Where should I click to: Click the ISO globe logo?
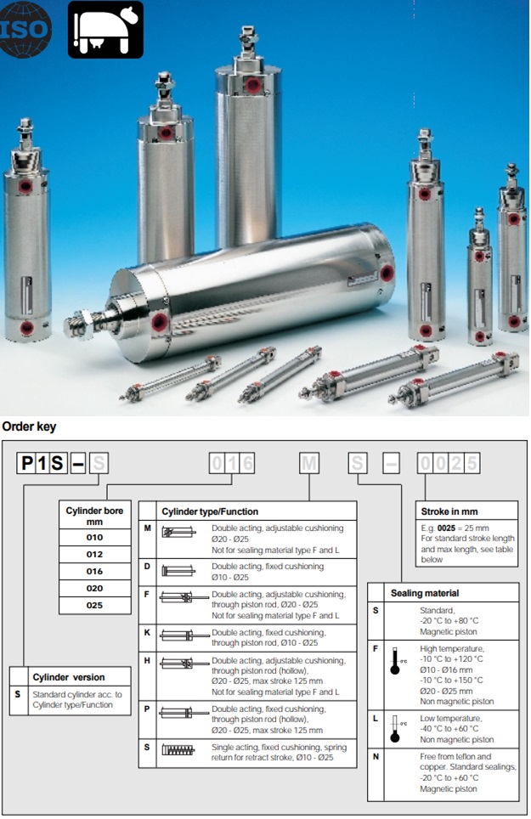pos(24,29)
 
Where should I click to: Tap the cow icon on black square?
pos(105,29)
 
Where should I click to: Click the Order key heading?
pos(29,426)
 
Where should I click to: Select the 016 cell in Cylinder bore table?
pos(94,572)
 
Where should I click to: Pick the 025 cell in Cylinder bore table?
pos(94,606)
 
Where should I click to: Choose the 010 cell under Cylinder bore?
pos(94,538)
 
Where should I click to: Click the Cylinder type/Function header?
pos(210,511)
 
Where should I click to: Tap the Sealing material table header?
pos(425,593)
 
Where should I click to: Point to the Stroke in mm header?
pos(449,511)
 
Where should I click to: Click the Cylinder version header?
pos(69,677)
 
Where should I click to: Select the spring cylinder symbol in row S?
pos(178,750)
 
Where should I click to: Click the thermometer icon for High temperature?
pos(395,661)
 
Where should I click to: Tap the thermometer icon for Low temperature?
pos(395,729)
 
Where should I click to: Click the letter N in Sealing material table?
pos(376,756)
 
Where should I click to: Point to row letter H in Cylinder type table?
pos(147,661)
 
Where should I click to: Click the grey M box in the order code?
pos(309,463)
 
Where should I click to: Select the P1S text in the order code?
pos(42,463)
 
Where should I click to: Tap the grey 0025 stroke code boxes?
pos(449,463)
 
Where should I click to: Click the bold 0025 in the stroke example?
pos(446,528)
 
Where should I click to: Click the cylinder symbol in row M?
pos(178,532)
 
